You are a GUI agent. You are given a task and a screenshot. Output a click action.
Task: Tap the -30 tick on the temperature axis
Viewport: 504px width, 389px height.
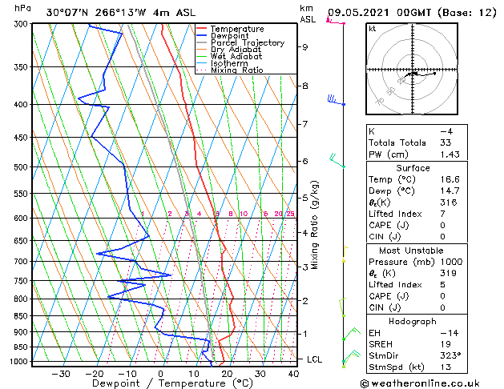[x=61, y=373]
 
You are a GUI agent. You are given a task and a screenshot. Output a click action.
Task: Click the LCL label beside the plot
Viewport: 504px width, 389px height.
[x=315, y=359]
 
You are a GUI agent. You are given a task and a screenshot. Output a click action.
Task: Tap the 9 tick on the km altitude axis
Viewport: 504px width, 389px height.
[x=305, y=47]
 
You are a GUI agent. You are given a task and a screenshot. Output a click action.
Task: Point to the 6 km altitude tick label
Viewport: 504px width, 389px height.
[x=305, y=161]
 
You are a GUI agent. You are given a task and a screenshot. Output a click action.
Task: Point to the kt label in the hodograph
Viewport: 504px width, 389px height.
[x=373, y=28]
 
